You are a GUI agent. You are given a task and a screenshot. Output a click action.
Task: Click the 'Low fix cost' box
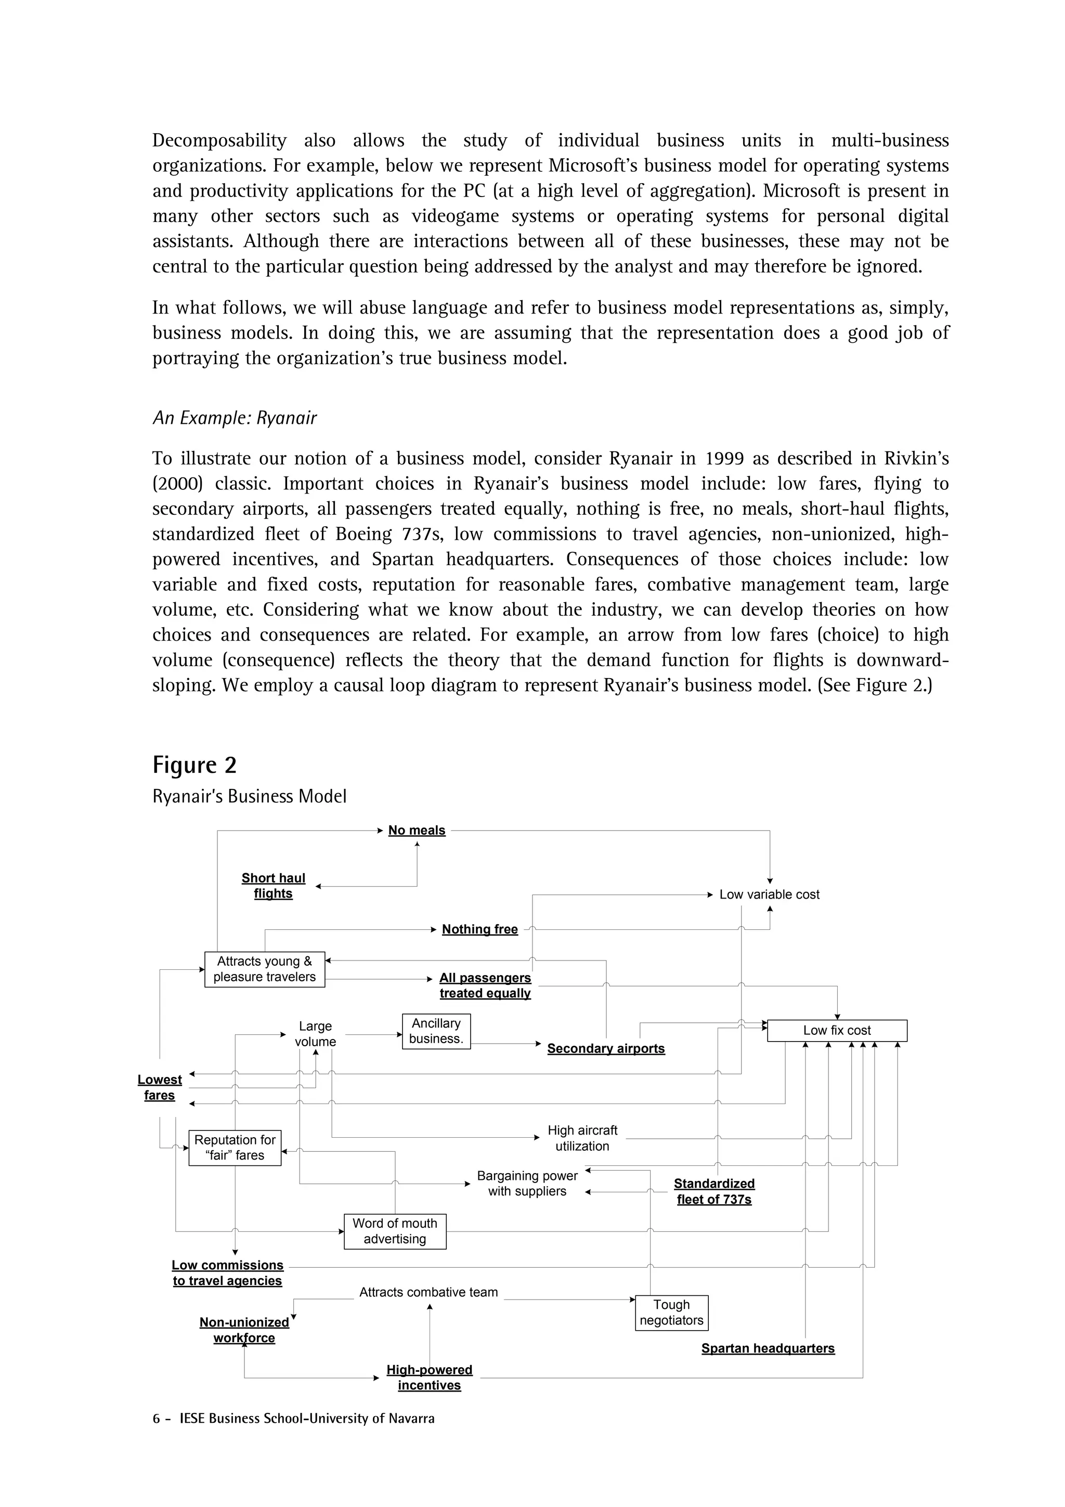837,1031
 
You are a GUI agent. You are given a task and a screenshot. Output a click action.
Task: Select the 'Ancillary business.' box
436,1031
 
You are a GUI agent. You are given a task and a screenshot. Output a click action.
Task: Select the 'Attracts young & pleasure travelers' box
265,969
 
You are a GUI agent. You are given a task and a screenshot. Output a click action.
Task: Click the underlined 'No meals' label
417,830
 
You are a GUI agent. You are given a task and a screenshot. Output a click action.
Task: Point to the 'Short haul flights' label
273,886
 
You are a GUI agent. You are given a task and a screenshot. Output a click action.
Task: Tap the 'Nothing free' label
479,929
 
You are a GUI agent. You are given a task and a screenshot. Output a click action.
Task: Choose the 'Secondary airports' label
606,1049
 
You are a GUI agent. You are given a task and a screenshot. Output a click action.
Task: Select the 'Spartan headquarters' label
768,1349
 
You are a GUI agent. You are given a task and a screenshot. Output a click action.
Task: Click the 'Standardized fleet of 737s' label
714,1192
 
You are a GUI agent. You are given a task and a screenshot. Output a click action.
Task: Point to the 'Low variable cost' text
769,894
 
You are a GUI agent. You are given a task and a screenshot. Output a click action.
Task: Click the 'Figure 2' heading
194,765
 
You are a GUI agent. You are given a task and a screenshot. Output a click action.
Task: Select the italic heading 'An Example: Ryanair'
234,418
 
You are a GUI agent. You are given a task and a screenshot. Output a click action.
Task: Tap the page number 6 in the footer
156,1419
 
